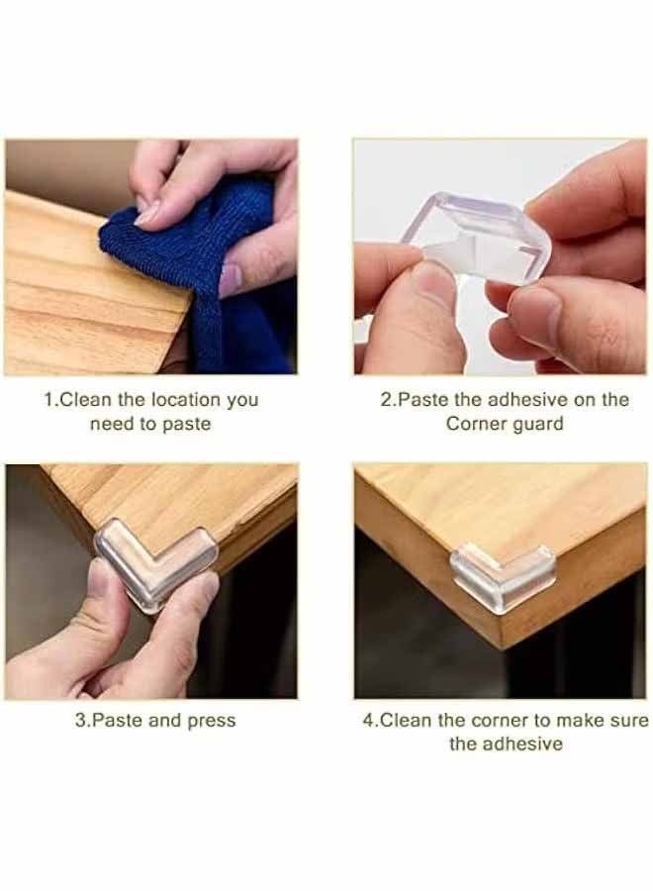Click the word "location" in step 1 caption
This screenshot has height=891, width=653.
tap(177, 400)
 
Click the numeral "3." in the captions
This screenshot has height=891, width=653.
tap(82, 721)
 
